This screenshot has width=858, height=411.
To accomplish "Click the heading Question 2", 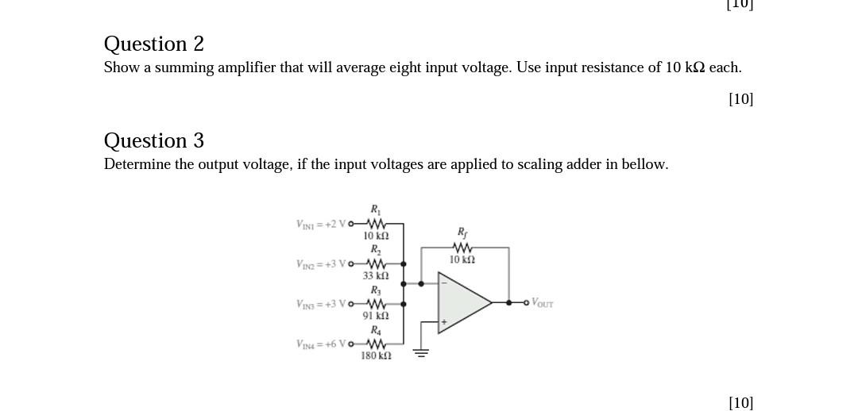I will pos(153,44).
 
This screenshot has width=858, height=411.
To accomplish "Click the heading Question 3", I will pos(153,140).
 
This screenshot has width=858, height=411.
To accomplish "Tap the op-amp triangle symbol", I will pos(462,302).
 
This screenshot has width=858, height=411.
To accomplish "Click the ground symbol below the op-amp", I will pos(421,352).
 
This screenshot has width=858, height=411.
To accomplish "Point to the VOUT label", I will pos(542,303).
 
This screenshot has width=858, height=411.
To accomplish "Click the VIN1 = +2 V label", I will pos(321,224).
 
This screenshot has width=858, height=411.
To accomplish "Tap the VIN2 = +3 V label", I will pos(321,263).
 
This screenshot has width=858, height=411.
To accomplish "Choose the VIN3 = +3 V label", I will pos(321,304).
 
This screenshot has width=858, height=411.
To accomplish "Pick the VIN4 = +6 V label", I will pos(321,344).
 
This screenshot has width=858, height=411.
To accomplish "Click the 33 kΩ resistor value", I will pos(375,276).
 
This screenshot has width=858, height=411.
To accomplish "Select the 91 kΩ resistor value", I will pos(375,316).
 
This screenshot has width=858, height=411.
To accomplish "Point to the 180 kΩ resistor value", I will pos(375,356).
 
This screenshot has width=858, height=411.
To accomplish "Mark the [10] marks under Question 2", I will pos(740,99).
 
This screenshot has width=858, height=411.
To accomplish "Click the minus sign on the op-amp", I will pos(444,282).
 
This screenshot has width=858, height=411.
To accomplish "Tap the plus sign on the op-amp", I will pos(444,323).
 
